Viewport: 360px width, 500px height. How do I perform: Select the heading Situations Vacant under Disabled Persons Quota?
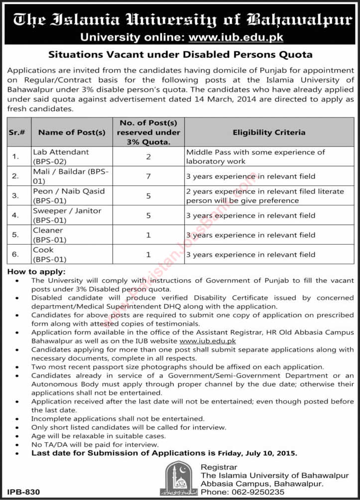[x=180, y=54]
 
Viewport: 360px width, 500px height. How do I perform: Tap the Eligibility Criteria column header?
[x=269, y=132]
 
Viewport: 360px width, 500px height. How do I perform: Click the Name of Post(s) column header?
[x=72, y=132]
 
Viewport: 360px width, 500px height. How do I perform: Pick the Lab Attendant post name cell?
[x=61, y=156]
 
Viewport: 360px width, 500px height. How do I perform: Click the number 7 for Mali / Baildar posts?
[x=148, y=176]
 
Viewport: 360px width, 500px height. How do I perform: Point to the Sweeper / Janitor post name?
[x=67, y=215]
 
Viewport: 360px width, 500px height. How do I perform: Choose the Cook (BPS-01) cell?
[x=50, y=254]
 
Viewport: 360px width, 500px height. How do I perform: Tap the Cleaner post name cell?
[x=49, y=235]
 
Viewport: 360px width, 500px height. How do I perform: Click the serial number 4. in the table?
[x=15, y=216]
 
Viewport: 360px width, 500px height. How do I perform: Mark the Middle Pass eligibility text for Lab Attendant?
[x=255, y=156]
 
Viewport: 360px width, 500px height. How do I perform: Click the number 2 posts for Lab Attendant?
[x=148, y=156]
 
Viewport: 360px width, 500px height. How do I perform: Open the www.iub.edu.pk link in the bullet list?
[x=207, y=341]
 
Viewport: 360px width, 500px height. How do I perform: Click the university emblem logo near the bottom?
[x=179, y=478]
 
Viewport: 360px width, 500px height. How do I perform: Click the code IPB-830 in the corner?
[x=20, y=492]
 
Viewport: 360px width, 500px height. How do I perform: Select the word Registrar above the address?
[x=219, y=467]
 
